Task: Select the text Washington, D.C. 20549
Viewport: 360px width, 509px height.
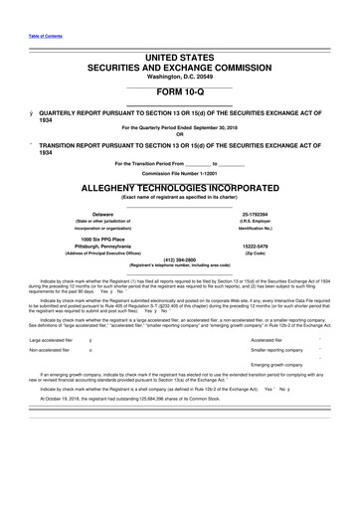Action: (179, 77)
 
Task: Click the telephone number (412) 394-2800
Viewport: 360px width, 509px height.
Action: (179, 260)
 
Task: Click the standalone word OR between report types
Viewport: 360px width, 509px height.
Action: (179, 134)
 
